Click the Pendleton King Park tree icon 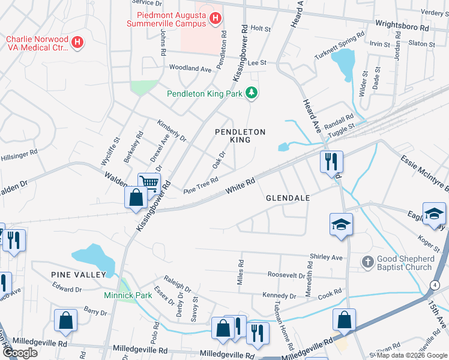253,93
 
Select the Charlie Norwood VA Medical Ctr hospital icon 77,42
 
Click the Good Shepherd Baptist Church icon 367,262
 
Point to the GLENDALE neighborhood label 288,198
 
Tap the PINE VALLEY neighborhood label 78,274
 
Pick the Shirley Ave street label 326,257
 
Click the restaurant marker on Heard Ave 331,161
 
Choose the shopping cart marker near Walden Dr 149,183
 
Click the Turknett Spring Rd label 340,46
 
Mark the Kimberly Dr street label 172,129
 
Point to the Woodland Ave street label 190,68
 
